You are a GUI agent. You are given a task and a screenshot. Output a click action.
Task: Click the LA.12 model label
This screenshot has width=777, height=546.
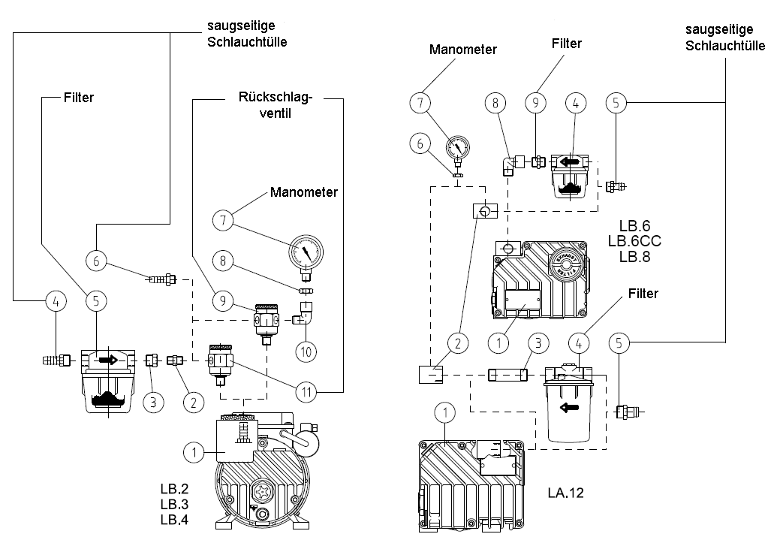[565, 493]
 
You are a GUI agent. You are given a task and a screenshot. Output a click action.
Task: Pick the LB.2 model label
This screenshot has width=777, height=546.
[173, 488]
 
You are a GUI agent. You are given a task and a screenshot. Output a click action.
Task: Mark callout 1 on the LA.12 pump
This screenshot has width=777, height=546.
[446, 412]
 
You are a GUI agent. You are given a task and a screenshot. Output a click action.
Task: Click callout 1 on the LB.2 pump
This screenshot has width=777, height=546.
[194, 451]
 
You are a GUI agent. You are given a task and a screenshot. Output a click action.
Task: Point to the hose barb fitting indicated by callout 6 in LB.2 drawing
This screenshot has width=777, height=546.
[162, 279]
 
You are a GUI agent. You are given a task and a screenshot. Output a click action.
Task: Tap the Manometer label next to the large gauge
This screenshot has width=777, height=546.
[304, 193]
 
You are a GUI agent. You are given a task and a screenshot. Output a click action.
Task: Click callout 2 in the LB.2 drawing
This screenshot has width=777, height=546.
[194, 402]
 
